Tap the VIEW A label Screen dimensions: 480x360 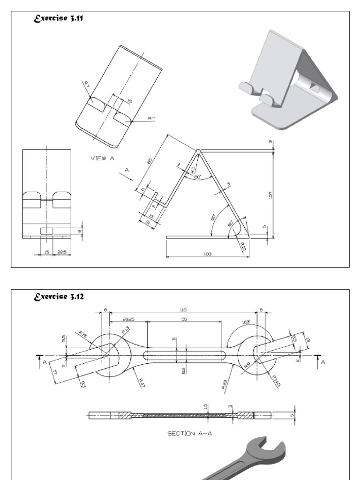[x=102, y=158]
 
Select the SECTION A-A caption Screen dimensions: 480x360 [x=190, y=434]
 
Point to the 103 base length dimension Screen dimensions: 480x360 [x=208, y=254]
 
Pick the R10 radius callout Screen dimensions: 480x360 [x=243, y=246]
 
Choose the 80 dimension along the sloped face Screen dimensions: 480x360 [x=150, y=161]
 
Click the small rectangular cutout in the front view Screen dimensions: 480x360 [x=46, y=231]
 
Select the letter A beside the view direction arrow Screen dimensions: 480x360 [x=127, y=171]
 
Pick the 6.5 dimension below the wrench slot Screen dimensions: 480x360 [x=184, y=370]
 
